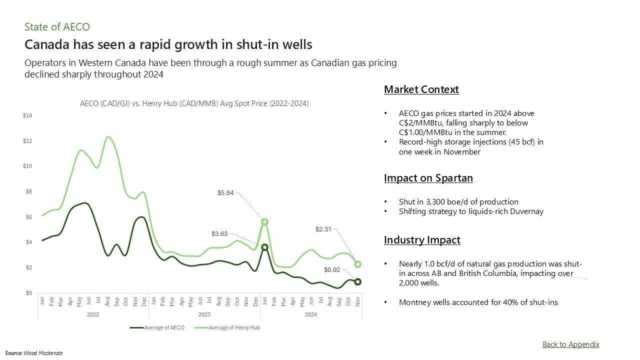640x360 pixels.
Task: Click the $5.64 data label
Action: (226, 192)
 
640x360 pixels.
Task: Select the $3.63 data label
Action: (219, 233)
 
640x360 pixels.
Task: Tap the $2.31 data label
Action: (323, 229)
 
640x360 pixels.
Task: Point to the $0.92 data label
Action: (331, 270)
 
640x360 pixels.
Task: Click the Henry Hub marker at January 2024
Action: (265, 221)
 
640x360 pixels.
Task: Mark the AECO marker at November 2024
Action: (357, 281)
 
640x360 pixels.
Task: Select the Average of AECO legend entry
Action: (157, 327)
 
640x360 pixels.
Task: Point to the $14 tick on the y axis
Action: (27, 116)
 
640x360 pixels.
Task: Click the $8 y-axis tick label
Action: (28, 192)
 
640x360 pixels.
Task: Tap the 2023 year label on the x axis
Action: (204, 314)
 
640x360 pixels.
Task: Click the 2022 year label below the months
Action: (92, 314)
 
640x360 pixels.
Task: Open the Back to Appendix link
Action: (570, 344)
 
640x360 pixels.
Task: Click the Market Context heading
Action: (421, 89)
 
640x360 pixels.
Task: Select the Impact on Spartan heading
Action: (428, 178)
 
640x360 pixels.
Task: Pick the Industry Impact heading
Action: (422, 240)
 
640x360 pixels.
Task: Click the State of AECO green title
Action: (57, 27)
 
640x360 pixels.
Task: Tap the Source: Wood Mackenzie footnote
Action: (34, 352)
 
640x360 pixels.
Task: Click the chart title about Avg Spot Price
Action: (194, 103)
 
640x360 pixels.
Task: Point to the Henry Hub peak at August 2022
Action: (108, 137)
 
